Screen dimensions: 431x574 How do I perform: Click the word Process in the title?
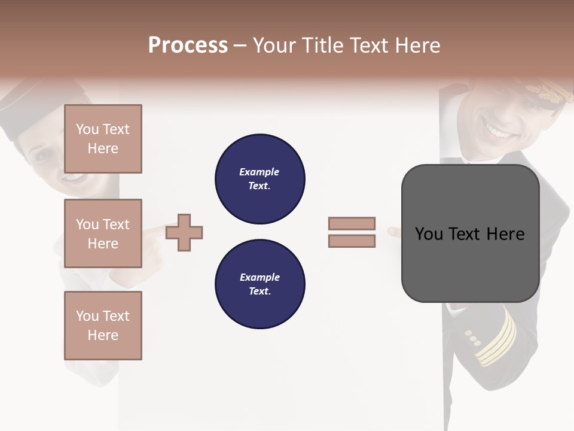click(188, 45)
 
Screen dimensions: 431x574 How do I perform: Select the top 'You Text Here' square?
click(103, 139)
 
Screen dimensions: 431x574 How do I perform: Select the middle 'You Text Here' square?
click(103, 233)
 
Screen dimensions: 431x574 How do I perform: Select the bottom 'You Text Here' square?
click(103, 326)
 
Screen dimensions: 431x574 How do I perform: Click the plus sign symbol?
click(184, 232)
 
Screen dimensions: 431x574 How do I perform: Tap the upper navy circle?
click(260, 178)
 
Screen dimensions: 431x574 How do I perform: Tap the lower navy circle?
click(260, 284)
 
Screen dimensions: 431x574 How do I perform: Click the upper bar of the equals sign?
click(352, 223)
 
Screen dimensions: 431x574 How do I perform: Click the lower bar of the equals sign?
click(352, 241)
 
